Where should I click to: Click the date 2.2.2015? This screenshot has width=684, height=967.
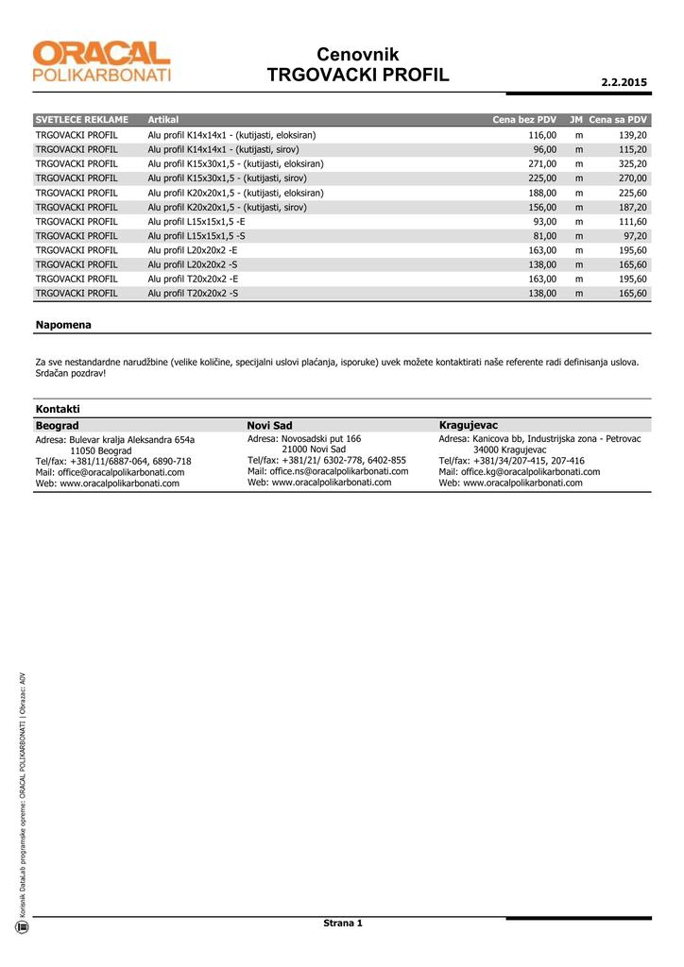tap(624, 82)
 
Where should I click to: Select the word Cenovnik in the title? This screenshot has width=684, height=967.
tap(358, 55)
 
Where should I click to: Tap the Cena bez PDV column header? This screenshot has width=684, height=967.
tap(524, 120)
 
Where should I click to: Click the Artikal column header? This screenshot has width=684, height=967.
tap(163, 120)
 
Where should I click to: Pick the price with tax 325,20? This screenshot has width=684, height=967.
tap(632, 163)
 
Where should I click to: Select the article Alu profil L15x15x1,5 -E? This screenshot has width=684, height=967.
tap(197, 221)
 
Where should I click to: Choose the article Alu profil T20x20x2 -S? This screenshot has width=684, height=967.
tap(194, 294)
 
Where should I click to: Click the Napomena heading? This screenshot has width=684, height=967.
tap(63, 325)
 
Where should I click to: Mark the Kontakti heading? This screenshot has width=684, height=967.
tap(58, 409)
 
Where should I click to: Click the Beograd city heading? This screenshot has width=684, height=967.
tap(57, 426)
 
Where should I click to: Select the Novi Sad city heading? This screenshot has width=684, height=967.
tap(269, 426)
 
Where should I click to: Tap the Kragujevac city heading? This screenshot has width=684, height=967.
tap(469, 426)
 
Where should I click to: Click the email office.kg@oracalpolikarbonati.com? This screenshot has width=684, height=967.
tap(520, 471)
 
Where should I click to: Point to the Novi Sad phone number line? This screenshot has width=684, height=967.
tap(327, 460)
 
